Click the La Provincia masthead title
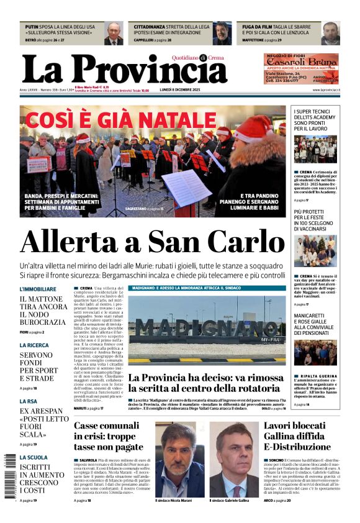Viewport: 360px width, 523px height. coord(124,69)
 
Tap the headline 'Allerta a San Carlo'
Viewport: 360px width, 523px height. coord(153,243)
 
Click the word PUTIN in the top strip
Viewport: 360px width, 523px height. coord(32,27)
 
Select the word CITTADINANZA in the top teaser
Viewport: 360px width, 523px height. coord(153,27)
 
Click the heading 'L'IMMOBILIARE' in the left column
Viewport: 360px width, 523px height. coord(38,289)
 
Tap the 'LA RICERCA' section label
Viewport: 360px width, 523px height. coord(34,345)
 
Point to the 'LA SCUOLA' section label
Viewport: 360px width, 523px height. coord(34,457)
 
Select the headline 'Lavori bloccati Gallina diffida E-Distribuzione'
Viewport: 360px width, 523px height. coord(294,436)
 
